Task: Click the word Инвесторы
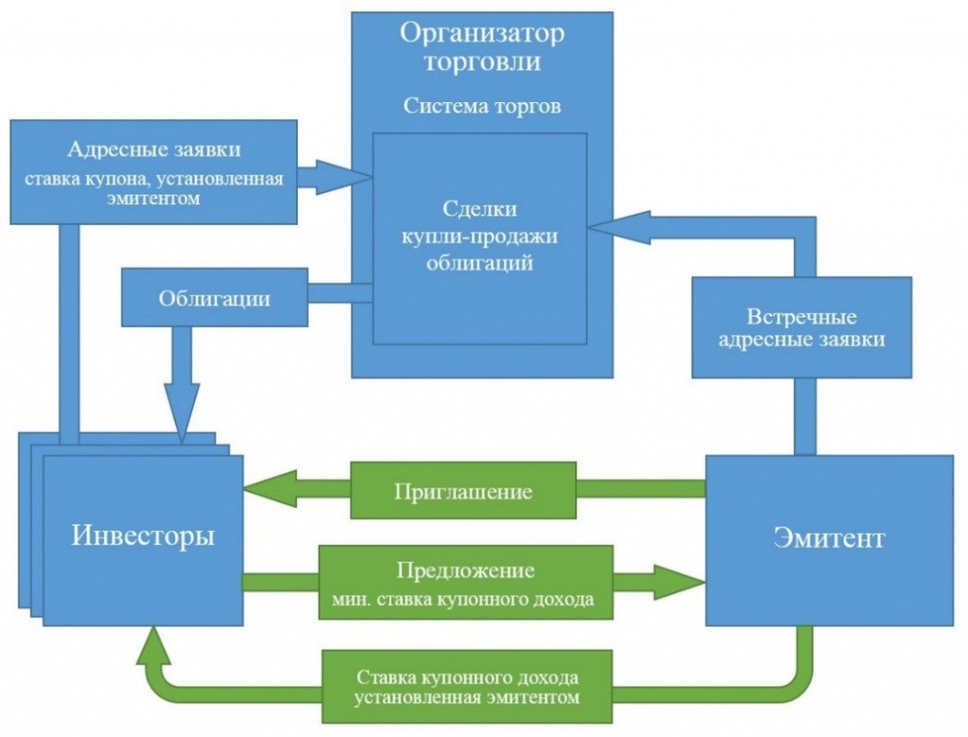click(x=143, y=536)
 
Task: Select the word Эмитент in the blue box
click(x=829, y=538)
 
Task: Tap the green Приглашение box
click(x=463, y=490)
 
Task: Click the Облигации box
click(x=215, y=299)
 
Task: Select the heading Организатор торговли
click(x=482, y=47)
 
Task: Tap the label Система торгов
click(x=482, y=105)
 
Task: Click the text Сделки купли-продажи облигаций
click(x=479, y=235)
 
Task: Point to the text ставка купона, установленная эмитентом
click(x=154, y=188)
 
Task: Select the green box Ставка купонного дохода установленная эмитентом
click(x=467, y=687)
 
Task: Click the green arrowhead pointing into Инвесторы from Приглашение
click(x=268, y=489)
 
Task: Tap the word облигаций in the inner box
click(x=479, y=263)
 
